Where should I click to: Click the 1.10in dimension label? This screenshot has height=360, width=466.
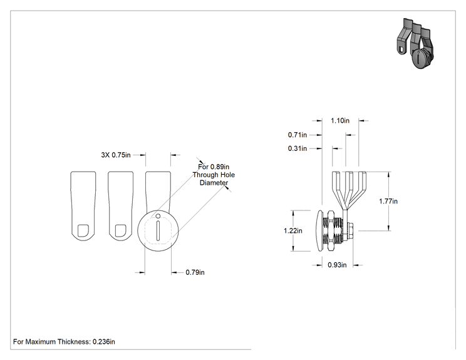tap(340, 121)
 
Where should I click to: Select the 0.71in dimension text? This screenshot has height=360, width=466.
tap(297, 135)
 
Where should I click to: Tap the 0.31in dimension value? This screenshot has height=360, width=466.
tap(297, 148)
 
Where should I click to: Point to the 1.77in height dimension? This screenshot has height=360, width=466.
tap(388, 202)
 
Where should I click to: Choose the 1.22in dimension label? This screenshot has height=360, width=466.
tap(293, 231)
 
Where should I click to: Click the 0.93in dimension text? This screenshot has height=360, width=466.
tap(337, 265)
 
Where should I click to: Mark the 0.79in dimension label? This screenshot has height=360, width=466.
tap(195, 272)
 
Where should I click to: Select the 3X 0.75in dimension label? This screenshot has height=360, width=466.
tap(116, 155)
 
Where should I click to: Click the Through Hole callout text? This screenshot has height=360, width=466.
tap(214, 175)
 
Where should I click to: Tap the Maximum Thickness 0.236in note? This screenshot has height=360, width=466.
tap(64, 342)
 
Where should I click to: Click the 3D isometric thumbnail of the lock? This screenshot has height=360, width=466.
tap(415, 43)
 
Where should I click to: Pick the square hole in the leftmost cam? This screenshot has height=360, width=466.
tap(83, 230)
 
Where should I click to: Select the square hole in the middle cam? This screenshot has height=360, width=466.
tap(120, 230)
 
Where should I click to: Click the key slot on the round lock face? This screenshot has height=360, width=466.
tap(158, 230)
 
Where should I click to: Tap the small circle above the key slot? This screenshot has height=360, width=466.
tap(158, 216)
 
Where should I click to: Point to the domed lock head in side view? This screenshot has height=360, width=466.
tap(319, 231)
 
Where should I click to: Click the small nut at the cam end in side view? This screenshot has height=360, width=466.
tap(349, 231)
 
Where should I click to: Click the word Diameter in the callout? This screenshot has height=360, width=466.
tap(214, 183)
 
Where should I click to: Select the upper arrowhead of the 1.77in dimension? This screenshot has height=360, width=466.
tap(389, 174)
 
